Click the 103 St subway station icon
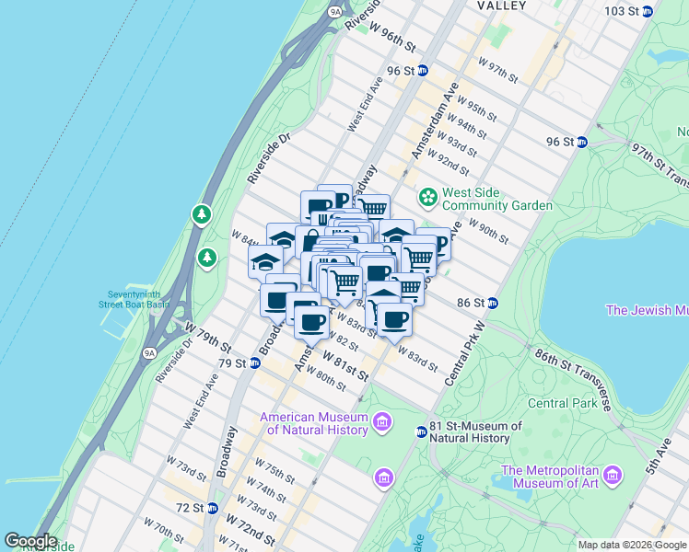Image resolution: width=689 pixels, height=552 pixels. [648, 11]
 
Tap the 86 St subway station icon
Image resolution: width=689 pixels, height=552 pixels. [493, 302]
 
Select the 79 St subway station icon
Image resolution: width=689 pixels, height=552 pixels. [254, 363]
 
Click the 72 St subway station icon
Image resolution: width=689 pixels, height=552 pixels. [212, 508]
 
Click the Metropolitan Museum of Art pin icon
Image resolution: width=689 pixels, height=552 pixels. [613, 477]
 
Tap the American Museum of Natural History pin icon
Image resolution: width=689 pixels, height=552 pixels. [382, 423]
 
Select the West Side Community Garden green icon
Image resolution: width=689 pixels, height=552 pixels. [427, 198]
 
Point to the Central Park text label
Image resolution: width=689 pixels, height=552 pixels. [562, 403]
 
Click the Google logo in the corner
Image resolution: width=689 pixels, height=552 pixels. [29, 541]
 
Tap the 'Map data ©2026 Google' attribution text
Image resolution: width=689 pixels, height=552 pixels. [632, 545]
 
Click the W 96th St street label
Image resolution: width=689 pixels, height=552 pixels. [394, 35]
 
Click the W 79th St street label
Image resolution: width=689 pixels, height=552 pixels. [207, 336]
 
